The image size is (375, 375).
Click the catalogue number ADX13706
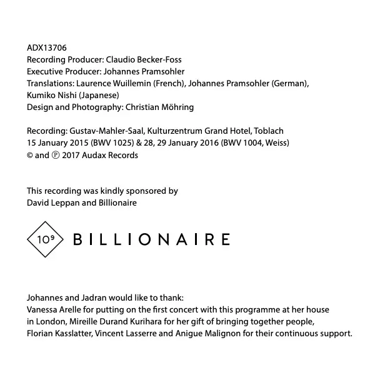[47, 47]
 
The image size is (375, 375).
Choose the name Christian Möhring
[159, 107]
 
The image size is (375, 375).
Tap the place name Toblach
[269, 131]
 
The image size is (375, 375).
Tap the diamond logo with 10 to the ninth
[46, 239]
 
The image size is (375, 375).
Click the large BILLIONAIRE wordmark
[152, 239]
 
